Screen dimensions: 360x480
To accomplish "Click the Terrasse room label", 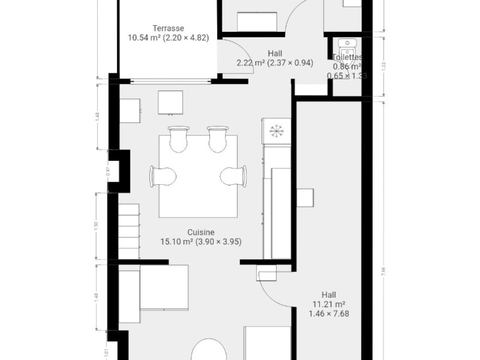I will (x=168, y=28).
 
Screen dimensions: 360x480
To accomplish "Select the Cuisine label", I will (x=201, y=232).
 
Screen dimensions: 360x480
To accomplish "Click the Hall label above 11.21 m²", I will (x=329, y=295).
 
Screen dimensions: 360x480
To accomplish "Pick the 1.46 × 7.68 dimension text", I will (x=329, y=314).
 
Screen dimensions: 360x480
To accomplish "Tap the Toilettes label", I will (x=347, y=58).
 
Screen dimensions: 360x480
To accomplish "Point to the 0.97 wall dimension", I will (x=108, y=172).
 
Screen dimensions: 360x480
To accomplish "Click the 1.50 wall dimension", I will (x=97, y=225).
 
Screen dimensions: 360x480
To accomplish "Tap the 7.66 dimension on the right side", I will (x=383, y=270).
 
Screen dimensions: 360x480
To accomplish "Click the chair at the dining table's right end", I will (x=233, y=176).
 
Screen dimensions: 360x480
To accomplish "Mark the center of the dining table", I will (x=198, y=176).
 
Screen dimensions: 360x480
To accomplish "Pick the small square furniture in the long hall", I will (x=305, y=198).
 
